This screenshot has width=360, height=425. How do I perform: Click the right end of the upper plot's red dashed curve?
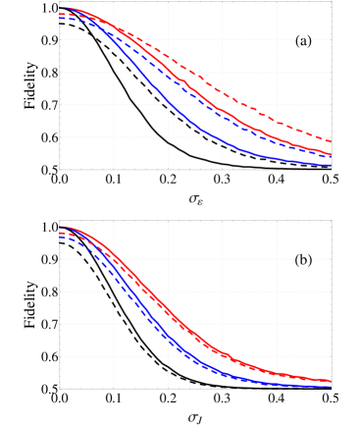coord(331,141)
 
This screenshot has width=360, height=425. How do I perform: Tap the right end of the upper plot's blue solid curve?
coord(331,165)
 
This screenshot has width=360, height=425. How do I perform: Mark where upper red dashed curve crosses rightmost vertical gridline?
coord(277,123)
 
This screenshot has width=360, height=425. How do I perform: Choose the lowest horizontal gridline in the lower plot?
coord(196,356)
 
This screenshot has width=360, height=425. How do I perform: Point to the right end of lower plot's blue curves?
coord(331,386)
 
